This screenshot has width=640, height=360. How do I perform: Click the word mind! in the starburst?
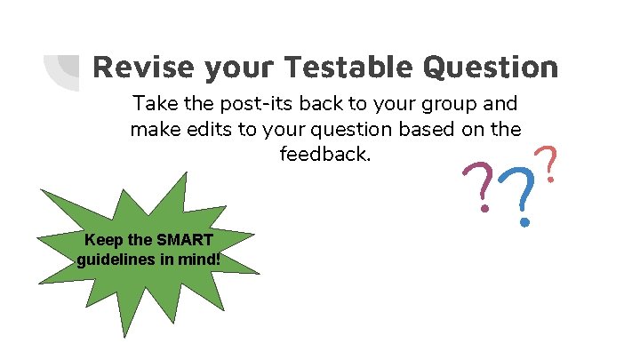point(200,260)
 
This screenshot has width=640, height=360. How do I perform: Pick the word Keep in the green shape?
point(100,240)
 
